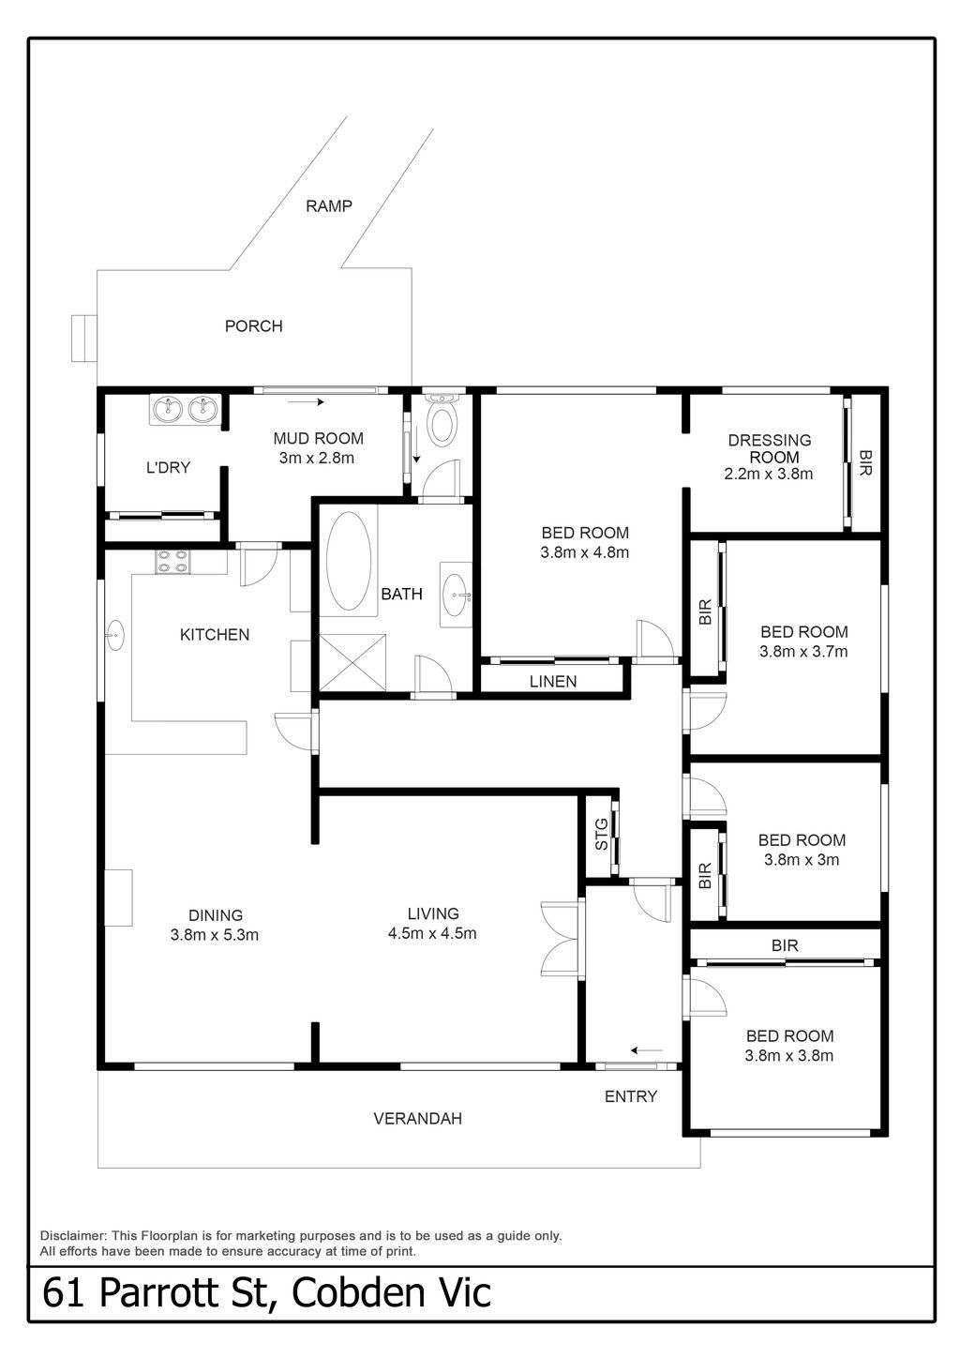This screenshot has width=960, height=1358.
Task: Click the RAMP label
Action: click(328, 206)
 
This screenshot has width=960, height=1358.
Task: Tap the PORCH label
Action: click(253, 326)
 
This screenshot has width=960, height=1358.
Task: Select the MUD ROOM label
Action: click(318, 438)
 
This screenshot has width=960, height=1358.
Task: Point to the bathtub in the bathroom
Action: click(348, 561)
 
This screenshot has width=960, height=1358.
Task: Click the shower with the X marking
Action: click(352, 662)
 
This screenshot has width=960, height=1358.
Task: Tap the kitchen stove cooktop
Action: click(173, 561)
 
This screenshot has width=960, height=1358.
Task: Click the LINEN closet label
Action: click(553, 682)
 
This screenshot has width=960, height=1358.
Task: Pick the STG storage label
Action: click(601, 834)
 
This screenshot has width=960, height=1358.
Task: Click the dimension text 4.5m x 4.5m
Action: click(432, 933)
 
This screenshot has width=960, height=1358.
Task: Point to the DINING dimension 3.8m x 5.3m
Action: click(215, 935)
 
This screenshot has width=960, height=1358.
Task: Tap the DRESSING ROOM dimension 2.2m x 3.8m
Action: click(769, 475)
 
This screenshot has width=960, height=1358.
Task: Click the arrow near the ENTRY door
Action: click(647, 1050)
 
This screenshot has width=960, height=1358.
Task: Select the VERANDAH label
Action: click(417, 1119)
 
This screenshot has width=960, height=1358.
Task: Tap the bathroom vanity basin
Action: click(456, 595)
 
